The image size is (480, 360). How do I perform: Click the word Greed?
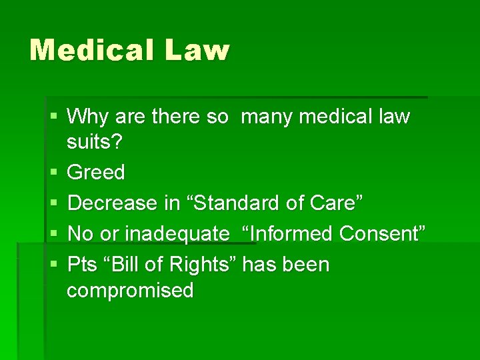[96, 173]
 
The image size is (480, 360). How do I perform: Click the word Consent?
[382, 234]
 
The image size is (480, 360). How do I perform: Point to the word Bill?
[130, 265]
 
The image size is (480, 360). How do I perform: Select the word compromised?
[131, 290]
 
